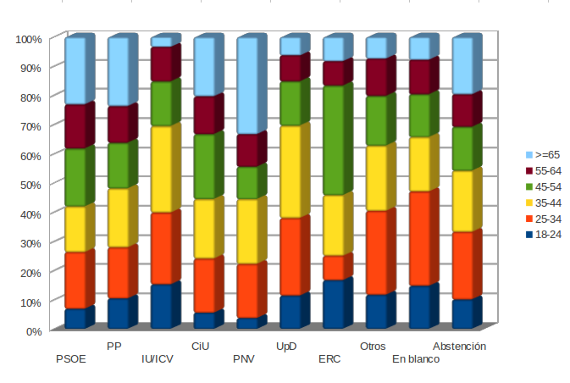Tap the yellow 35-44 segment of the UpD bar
pos(291,172)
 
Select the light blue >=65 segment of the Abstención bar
pos(463,67)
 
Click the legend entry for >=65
pos(543,155)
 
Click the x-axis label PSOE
pos(70,359)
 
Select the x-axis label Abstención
pos(459,347)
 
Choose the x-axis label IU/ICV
pos(158,359)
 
